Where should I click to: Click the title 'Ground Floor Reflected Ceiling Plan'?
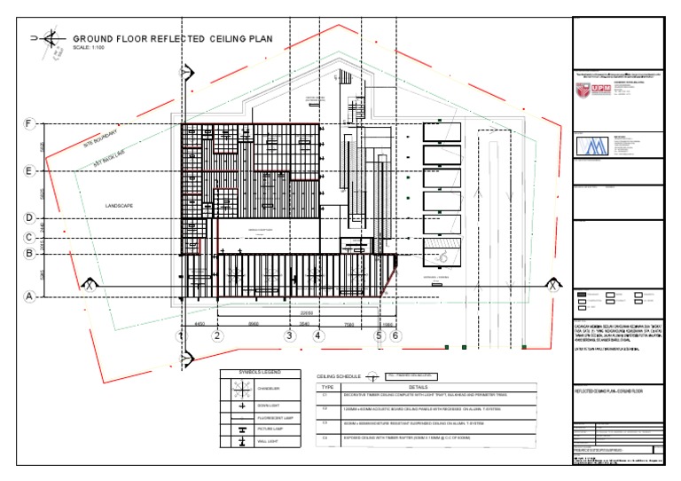point(173,39)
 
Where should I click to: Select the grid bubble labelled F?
point(29,123)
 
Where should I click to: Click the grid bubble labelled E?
point(29,170)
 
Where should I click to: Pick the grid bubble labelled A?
point(29,297)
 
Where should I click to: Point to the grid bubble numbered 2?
point(217,335)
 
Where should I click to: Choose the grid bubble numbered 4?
point(319,335)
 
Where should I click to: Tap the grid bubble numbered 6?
point(395,335)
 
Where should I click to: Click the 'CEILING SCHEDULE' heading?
point(340,377)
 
